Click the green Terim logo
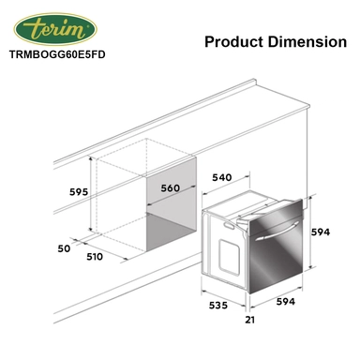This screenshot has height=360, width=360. [55, 29]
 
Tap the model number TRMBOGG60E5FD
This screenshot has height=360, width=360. [57, 54]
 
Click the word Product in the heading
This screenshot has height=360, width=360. [234, 41]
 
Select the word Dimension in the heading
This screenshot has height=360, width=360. [307, 41]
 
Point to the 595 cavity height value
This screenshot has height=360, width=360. [79, 192]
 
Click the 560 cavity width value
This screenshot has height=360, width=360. [171, 188]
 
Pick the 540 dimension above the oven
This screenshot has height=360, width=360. [222, 177]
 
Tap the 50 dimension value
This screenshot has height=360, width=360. [64, 248]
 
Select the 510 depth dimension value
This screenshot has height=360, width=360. [95, 257]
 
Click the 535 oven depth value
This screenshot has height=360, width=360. [218, 305]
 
